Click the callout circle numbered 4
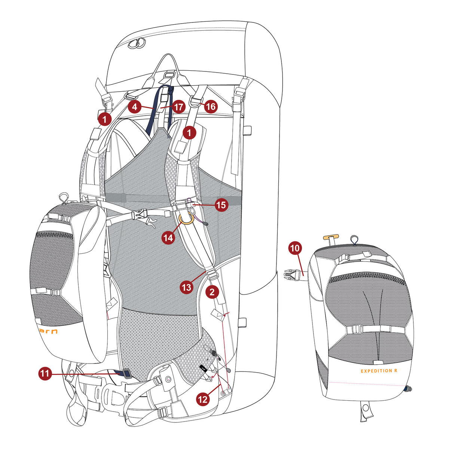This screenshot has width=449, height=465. tap(135, 107)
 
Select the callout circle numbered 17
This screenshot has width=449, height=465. tap(178, 107)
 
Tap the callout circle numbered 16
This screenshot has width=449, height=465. tap(211, 107)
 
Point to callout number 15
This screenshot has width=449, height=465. tap(221, 205)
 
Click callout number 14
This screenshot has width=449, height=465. tap(168, 237)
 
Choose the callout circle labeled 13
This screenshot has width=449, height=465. tap(186, 287)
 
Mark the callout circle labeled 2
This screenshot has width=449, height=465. tap(212, 292)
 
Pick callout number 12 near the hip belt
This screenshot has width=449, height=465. tap(202, 399)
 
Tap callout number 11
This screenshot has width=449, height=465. tap(45, 373)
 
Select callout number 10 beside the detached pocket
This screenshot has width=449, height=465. tap(295, 248)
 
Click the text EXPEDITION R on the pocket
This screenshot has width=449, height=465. tap(379, 371)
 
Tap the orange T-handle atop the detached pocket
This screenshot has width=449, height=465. tap(331, 237)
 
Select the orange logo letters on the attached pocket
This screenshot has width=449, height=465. tap(48, 331)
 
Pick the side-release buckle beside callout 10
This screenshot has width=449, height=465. tap(291, 274)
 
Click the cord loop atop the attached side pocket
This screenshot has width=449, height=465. tap(63, 197)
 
